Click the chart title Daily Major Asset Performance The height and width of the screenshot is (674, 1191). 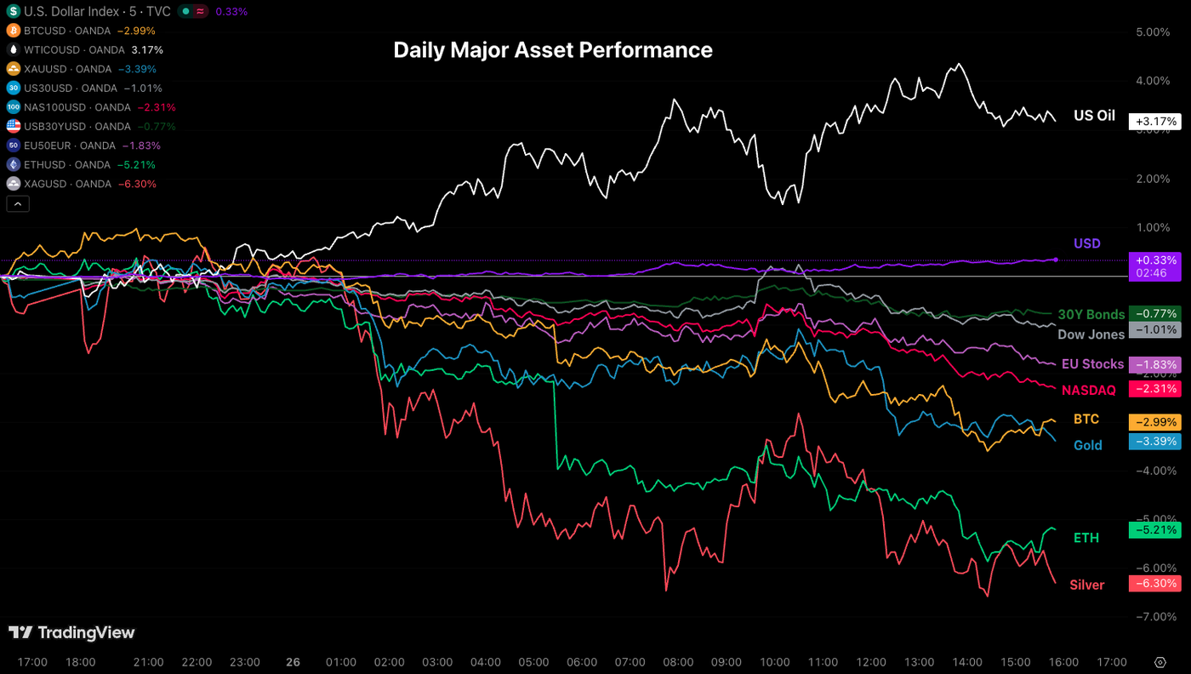553,50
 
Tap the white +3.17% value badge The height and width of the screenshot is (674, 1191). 1154,121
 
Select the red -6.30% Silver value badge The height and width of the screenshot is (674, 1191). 1154,584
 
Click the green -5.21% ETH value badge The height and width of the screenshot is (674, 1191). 1154,529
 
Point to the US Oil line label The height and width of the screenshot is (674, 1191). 1094,116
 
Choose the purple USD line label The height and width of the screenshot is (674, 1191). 1086,243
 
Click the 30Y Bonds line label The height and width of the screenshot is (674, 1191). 1091,315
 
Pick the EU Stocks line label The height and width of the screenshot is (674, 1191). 1092,364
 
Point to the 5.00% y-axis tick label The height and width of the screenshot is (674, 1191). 1153,32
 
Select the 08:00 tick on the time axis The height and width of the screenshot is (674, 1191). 677,662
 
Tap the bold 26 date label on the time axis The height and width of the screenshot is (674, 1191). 293,662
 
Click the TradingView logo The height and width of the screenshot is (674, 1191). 71,632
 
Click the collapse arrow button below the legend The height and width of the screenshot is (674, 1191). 17,203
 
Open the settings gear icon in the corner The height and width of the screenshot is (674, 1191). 1160,662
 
